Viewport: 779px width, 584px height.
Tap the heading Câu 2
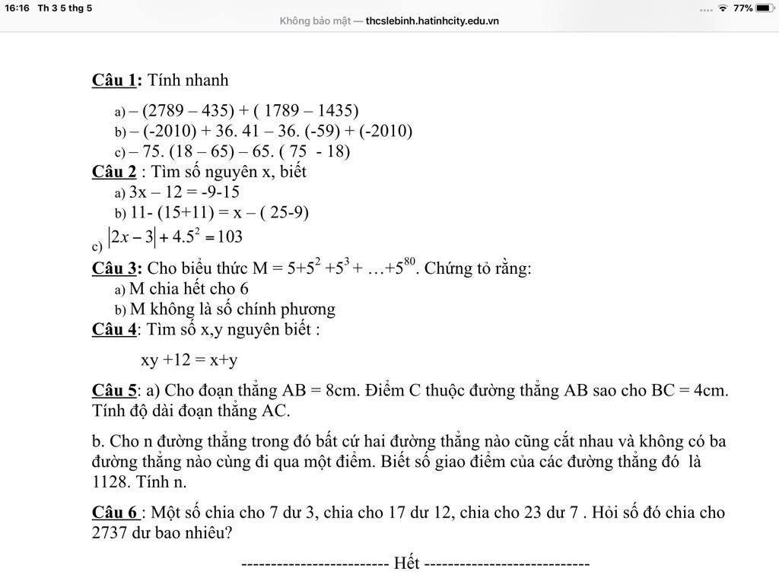[115, 172]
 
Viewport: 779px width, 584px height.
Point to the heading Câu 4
[115, 329]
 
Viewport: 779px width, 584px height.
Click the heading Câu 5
[115, 391]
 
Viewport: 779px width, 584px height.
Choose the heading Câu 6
[116, 513]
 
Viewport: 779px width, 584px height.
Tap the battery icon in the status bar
[764, 8]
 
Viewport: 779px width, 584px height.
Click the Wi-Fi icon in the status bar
[723, 8]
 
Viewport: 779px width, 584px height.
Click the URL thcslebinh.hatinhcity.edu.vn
[431, 21]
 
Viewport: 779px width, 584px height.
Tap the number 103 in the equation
[230, 237]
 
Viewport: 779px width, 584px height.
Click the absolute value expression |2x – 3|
[132, 237]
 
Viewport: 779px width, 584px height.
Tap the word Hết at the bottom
[406, 563]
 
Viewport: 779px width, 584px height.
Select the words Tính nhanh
[188, 81]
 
